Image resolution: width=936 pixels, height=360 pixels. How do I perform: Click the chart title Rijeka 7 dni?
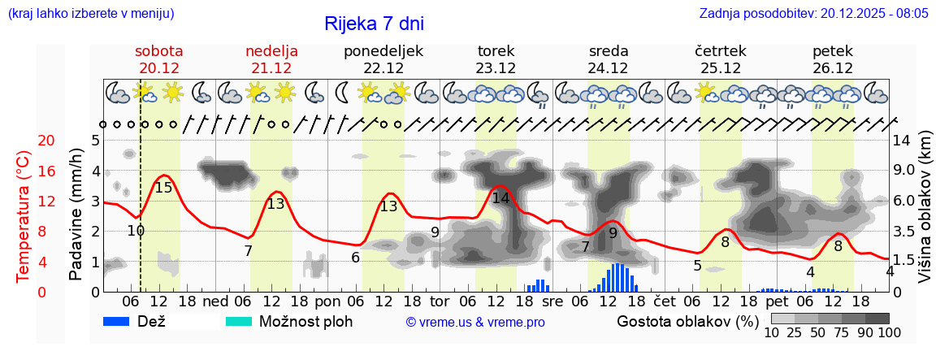pos(374,24)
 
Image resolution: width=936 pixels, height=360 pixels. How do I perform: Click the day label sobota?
pos(158,51)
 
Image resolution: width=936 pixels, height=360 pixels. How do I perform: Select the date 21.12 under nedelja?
pos(271,68)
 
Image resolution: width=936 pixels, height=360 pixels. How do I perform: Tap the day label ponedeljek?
pos(383,51)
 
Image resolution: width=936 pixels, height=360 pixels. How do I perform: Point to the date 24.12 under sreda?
pos(608,68)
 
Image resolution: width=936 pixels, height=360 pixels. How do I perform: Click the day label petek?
pos(833,51)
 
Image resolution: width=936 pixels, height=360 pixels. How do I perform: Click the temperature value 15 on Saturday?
pos(163,188)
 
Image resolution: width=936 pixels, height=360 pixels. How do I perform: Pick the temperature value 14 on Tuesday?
pos(500,198)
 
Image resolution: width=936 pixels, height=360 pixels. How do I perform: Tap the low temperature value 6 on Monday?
pos(355,258)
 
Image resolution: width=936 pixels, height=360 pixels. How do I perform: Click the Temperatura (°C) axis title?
pos(24,216)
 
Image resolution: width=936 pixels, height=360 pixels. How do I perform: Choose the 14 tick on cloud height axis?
pos(902,141)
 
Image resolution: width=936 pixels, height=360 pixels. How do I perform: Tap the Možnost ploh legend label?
pos(305,322)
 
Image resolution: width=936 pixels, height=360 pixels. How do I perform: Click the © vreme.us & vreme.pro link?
pos(475,323)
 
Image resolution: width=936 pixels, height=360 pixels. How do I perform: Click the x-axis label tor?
pos(440,301)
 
